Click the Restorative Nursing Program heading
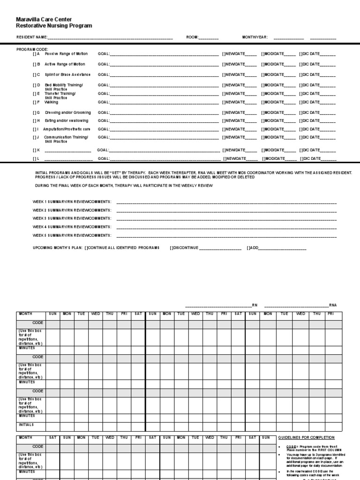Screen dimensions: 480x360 54,26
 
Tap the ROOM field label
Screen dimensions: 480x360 193,37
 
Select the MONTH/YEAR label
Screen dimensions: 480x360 255,37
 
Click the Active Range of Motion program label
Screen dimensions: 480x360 65,64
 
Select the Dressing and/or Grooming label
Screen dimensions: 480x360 67,112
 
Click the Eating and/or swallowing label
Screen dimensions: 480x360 66,120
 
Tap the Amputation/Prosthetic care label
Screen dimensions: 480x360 66,129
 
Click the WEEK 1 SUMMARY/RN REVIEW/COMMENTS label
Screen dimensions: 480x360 72,201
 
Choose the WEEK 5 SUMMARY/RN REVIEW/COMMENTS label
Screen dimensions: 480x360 72,235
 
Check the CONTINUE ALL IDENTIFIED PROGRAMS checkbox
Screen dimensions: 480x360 87,247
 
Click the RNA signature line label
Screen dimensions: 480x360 332,305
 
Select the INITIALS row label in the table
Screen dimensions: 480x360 26,425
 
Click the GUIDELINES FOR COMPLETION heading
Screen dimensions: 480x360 307,437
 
